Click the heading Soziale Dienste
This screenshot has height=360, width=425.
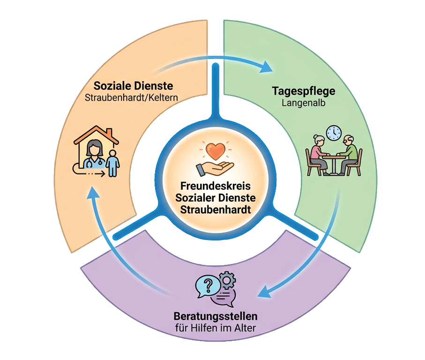133,86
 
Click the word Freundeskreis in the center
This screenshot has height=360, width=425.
213,187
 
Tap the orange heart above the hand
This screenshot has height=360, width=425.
214,150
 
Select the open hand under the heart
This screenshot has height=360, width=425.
214,166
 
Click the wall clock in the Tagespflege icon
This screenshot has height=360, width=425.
334,133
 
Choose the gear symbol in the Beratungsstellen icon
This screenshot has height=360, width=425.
227,280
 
